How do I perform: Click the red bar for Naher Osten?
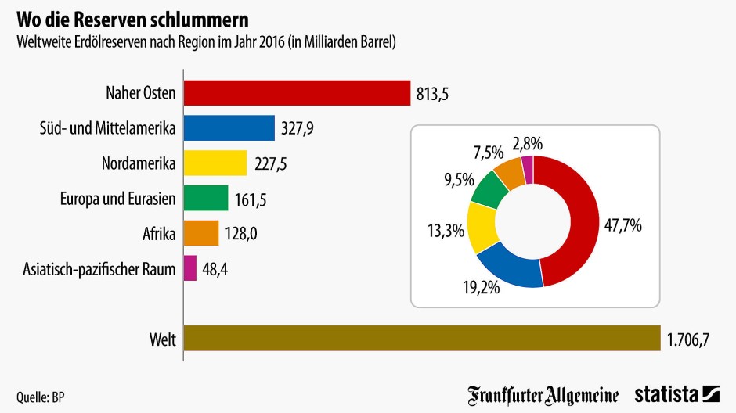[297, 93]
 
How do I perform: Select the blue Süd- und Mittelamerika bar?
[229, 128]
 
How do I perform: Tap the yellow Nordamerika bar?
[215, 163]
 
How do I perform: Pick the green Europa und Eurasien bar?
[205, 198]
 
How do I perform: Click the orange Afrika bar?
[200, 233]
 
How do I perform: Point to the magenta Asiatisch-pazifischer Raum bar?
[189, 268]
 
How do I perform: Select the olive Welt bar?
[422, 339]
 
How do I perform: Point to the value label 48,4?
[217, 269]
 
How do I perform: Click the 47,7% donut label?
[623, 226]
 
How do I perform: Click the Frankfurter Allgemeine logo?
[543, 394]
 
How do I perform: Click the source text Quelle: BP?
[40, 397]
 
